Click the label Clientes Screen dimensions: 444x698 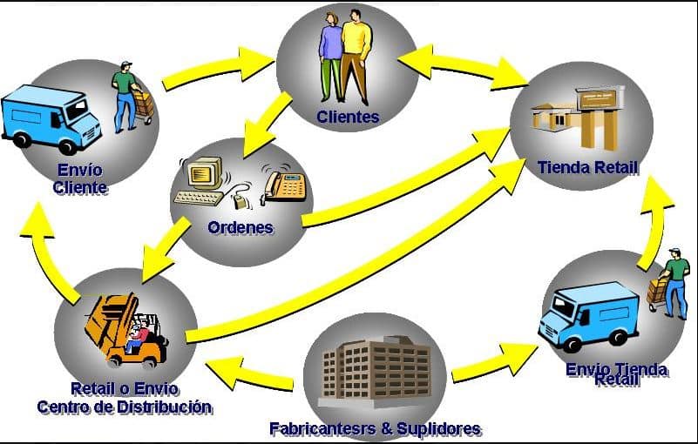[348, 117]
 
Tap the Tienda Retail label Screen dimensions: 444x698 [588, 167]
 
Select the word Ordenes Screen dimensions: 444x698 [241, 228]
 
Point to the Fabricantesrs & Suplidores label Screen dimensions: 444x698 [376, 428]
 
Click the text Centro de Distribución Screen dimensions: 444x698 [125, 407]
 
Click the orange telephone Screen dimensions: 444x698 [285, 185]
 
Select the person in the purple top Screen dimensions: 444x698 [330, 60]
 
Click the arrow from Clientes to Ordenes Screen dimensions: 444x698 [266, 123]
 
